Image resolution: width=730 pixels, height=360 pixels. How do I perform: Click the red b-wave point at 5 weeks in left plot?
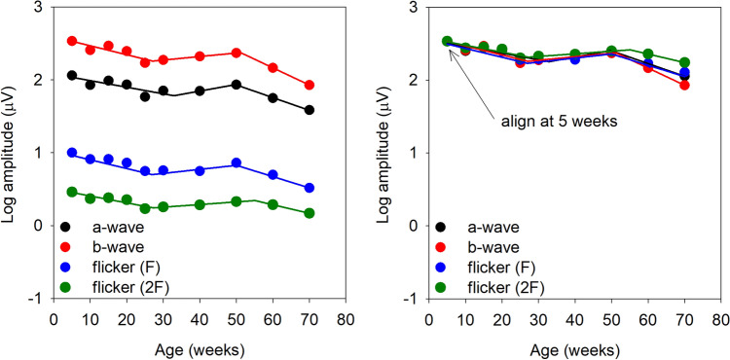(x=72, y=41)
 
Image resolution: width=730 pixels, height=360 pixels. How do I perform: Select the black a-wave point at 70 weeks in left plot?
(x=309, y=110)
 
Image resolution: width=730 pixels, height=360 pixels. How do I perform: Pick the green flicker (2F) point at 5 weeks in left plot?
(x=72, y=192)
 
